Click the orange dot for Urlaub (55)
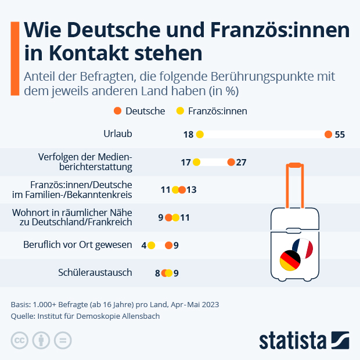328,134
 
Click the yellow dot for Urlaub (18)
200,134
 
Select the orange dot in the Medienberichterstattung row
231,162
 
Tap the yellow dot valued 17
196,162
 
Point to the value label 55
340,134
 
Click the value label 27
242,162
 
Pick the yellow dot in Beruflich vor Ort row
152,245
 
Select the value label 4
143,245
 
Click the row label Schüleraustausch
95,272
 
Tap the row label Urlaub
118,134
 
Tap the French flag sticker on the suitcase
303,249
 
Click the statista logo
304,340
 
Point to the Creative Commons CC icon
20,340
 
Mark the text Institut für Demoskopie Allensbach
98,316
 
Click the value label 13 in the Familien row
192,190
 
